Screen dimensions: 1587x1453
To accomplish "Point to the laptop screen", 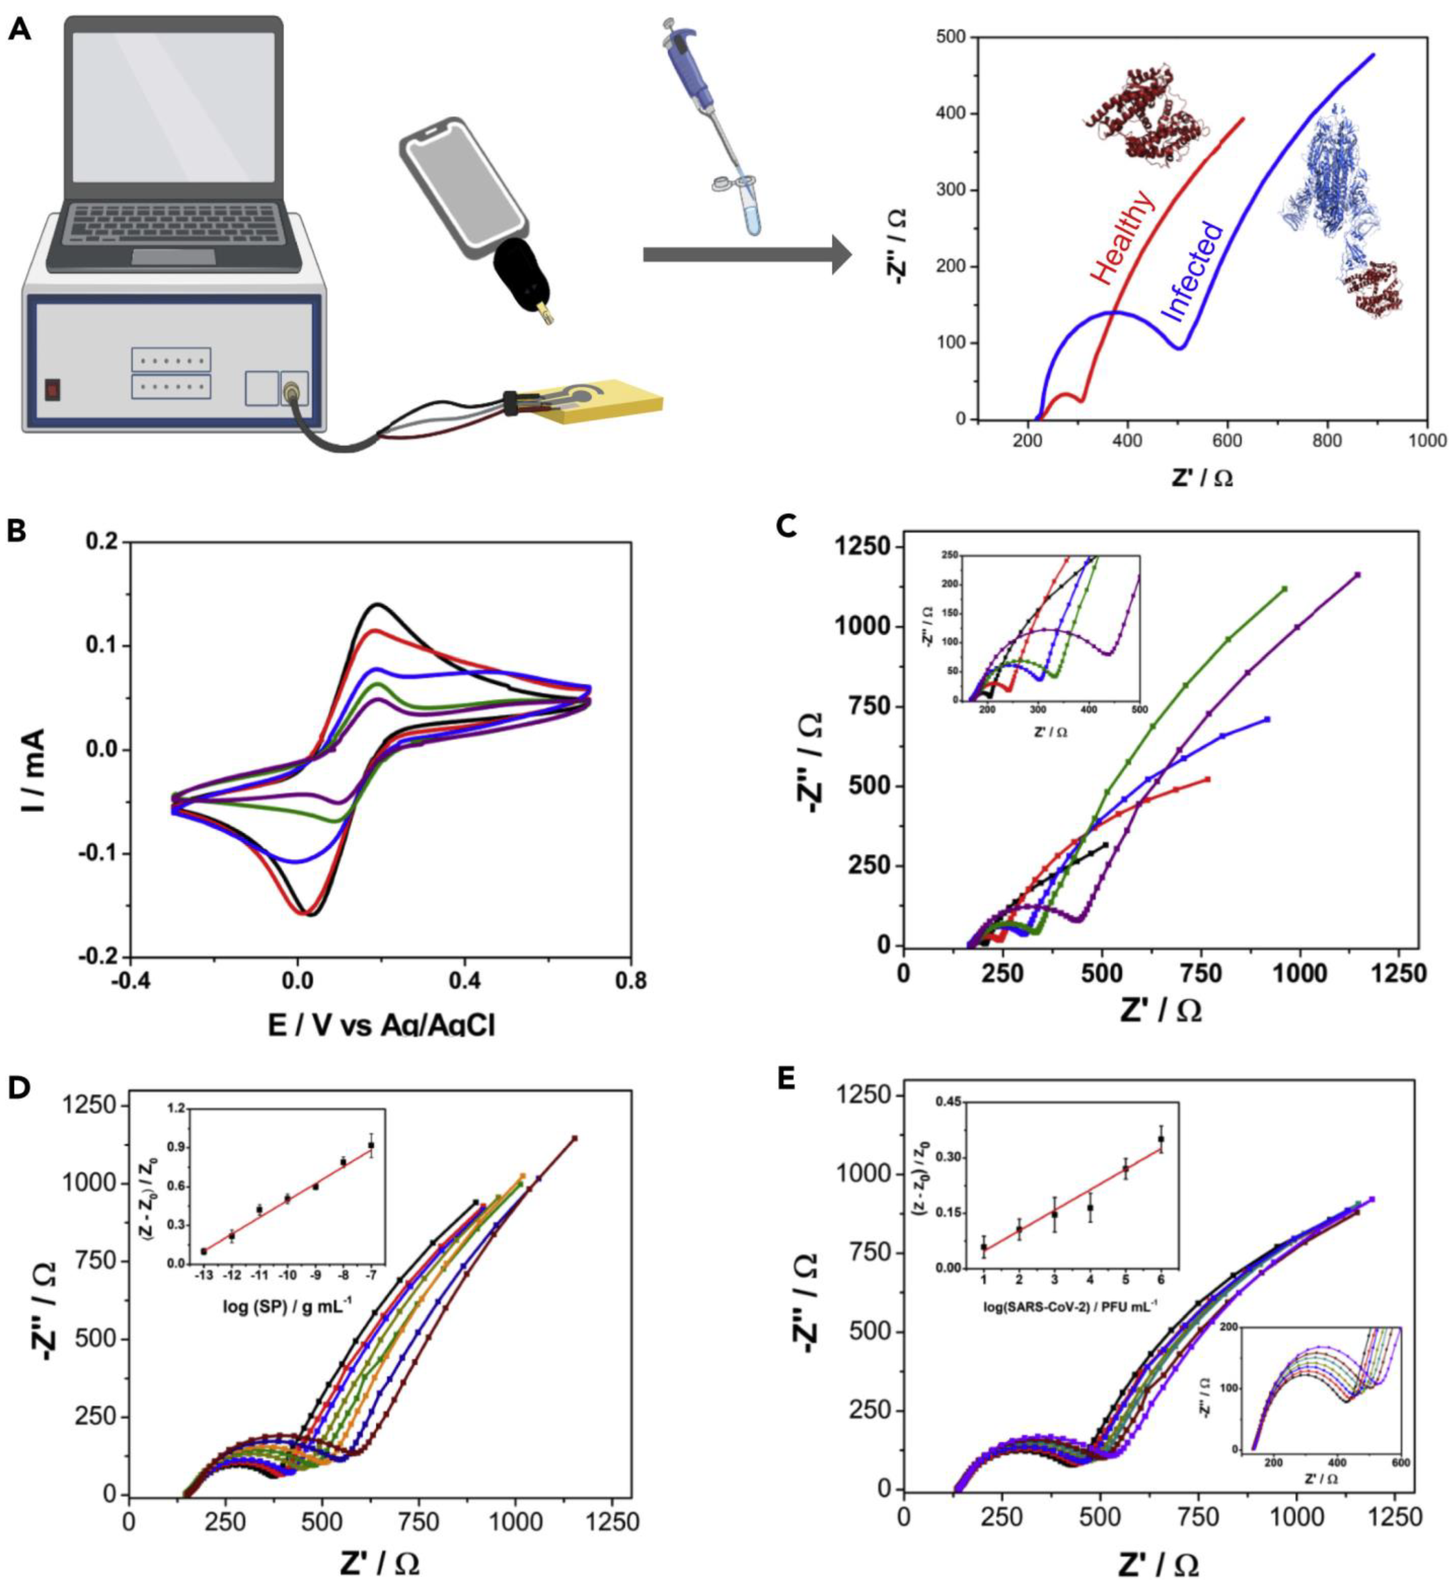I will pyautogui.click(x=173, y=110).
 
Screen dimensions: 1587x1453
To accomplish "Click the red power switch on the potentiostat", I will pyautogui.click(x=52, y=389).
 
